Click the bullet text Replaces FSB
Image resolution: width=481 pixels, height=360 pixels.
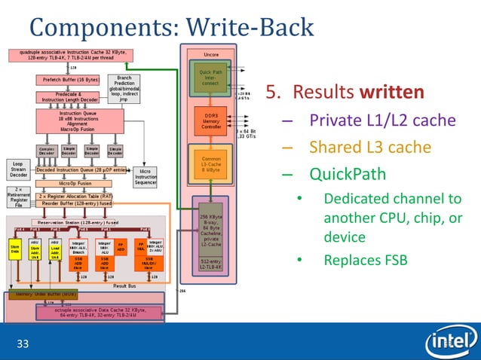[x=365, y=260]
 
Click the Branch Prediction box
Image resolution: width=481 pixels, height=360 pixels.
[x=124, y=88]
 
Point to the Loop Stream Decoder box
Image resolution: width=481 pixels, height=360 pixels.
[x=18, y=169]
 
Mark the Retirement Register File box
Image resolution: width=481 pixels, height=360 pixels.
[x=18, y=198]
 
